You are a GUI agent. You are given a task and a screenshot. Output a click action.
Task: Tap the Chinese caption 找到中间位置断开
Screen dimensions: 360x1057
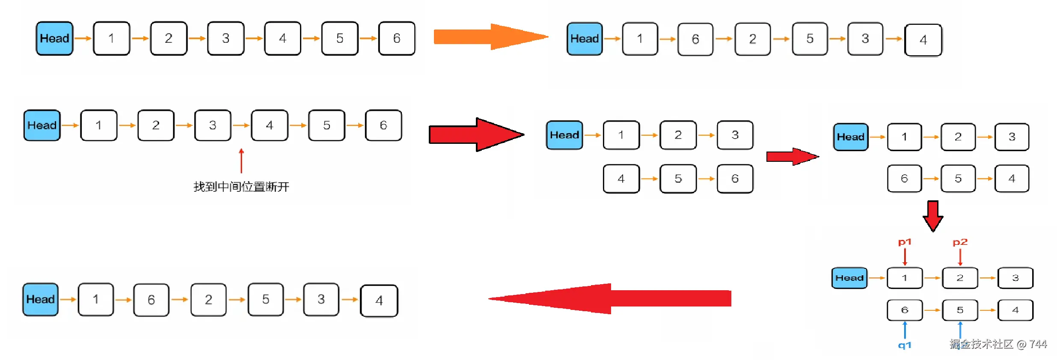pyautogui.click(x=241, y=187)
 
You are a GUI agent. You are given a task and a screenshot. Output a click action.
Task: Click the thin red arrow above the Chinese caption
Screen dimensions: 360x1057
pyautogui.click(x=241, y=161)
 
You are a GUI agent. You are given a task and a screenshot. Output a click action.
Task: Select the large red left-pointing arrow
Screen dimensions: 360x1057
pyautogui.click(x=610, y=298)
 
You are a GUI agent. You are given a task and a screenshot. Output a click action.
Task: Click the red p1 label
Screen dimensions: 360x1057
pyautogui.click(x=904, y=242)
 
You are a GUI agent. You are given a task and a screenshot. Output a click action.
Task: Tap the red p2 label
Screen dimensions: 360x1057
pyautogui.click(x=960, y=242)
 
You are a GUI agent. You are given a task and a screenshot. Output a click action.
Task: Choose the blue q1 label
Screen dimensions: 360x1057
pyautogui.click(x=904, y=345)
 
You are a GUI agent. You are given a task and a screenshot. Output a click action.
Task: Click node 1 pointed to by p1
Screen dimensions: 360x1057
pyautogui.click(x=904, y=278)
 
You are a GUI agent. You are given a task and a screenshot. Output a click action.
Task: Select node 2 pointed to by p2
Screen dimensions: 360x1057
pyautogui.click(x=960, y=278)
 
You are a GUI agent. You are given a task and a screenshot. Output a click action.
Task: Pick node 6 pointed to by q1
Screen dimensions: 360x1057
pyautogui.click(x=904, y=310)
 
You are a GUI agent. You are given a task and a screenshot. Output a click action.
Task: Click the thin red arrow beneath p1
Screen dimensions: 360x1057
pyautogui.click(x=905, y=257)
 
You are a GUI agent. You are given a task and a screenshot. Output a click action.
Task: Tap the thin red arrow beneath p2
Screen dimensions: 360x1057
pyautogui.click(x=960, y=257)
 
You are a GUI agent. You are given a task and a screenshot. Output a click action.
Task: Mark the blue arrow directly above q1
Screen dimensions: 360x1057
pyautogui.click(x=905, y=330)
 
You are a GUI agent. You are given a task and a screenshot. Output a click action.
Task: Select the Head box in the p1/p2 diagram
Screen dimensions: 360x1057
pyautogui.click(x=849, y=278)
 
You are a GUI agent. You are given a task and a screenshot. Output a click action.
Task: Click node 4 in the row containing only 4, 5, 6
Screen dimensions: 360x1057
pyautogui.click(x=621, y=179)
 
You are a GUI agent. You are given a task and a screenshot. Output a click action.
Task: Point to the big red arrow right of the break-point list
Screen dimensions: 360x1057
pyautogui.click(x=476, y=134)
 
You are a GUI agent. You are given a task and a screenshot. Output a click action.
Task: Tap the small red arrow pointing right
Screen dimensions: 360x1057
pyautogui.click(x=792, y=157)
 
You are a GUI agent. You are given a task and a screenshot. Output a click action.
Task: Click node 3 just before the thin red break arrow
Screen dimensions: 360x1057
pyautogui.click(x=213, y=125)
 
